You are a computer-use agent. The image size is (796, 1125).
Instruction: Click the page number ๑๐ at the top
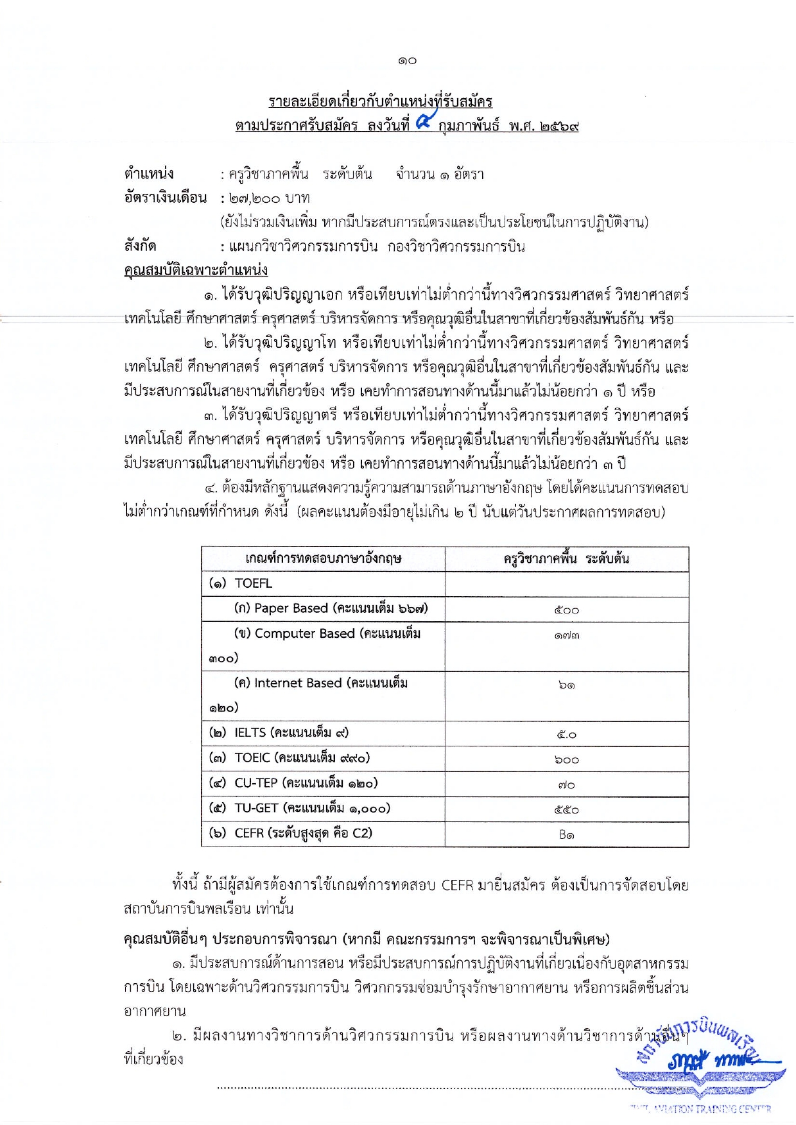tap(407, 60)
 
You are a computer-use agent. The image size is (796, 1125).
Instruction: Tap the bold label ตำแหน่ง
tap(149, 174)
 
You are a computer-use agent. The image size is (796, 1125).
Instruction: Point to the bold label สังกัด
tap(140, 246)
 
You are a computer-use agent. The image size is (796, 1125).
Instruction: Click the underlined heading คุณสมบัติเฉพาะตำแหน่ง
tap(196, 270)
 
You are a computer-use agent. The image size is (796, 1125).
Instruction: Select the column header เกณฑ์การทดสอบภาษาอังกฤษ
tap(323, 559)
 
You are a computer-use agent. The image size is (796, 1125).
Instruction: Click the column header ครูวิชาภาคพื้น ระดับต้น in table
tap(566, 559)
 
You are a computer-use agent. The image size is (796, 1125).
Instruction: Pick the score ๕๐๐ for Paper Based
tap(566, 610)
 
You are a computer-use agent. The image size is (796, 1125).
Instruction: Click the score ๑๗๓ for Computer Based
tap(566, 635)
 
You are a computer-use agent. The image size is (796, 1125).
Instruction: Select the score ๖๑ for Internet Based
tap(566, 685)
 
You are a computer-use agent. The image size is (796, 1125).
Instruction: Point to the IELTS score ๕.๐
tap(566, 735)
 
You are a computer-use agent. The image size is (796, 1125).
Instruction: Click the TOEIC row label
tap(290, 758)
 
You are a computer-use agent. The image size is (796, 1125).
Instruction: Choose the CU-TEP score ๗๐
tap(566, 785)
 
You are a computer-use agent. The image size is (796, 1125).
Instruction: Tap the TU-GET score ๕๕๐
tap(566, 810)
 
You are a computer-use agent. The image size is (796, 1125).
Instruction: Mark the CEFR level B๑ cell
tap(566, 835)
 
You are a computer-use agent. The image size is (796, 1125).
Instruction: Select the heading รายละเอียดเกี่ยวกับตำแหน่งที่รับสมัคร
tap(380, 101)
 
